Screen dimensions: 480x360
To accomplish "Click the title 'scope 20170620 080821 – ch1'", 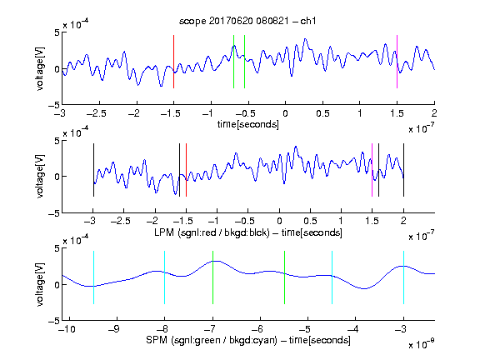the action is click(247, 21).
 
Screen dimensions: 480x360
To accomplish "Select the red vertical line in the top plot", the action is click(173, 62).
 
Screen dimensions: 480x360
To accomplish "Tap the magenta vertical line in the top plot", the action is click(397, 62).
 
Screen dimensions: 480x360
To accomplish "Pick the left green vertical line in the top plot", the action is click(233, 62).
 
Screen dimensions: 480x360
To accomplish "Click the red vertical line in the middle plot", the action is click(186, 170).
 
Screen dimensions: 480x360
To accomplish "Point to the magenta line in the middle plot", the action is click(372, 170).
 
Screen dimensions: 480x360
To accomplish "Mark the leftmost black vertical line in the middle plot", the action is click(93, 170).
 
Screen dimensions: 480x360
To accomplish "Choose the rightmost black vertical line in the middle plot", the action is click(403, 170).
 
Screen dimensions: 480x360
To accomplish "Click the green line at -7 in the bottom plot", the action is click(212, 277).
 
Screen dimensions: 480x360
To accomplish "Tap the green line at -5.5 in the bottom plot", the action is click(284, 277).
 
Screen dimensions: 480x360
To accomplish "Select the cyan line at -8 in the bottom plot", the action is click(165, 277).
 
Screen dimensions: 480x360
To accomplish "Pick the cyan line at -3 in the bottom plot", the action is click(403, 277).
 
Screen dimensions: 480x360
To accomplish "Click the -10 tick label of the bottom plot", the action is click(67, 329).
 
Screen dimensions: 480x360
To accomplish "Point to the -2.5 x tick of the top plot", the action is click(96, 113).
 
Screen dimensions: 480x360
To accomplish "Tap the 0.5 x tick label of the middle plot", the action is click(310, 221).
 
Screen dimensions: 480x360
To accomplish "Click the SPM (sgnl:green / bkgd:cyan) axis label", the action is click(248, 340).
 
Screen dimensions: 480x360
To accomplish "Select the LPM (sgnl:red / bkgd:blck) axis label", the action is click(248, 232).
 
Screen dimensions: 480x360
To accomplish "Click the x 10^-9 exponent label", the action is click(421, 344).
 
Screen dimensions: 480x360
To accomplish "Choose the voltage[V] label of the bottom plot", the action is click(40, 284).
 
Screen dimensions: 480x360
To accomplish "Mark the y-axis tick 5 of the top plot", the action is click(57, 32).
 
